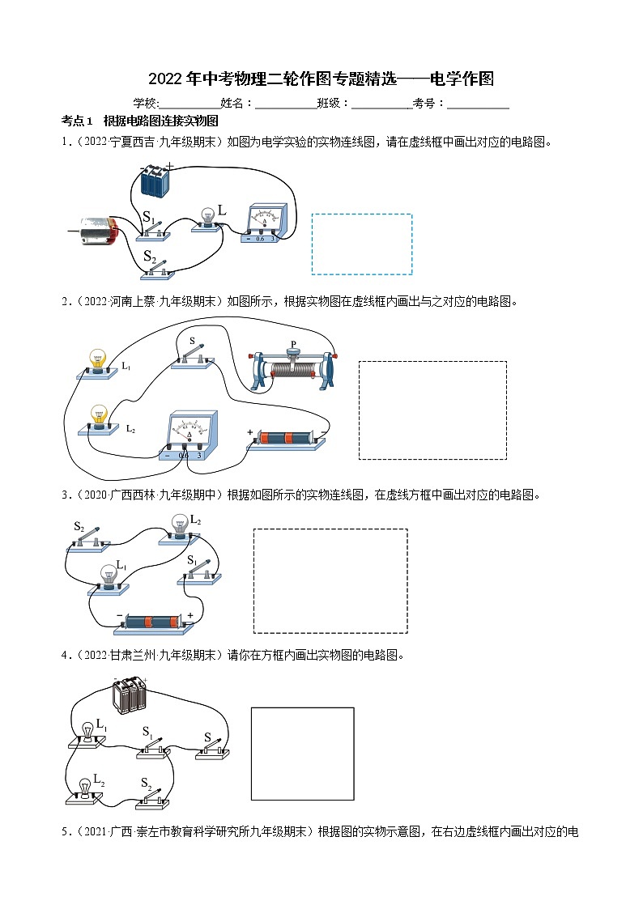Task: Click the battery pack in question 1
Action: (x=156, y=180)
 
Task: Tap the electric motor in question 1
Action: (x=96, y=232)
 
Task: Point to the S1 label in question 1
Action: (x=149, y=217)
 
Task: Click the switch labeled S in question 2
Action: (x=193, y=357)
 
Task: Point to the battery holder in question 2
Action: (x=285, y=440)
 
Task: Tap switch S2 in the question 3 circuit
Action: (x=87, y=542)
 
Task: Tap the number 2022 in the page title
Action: (x=166, y=79)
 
